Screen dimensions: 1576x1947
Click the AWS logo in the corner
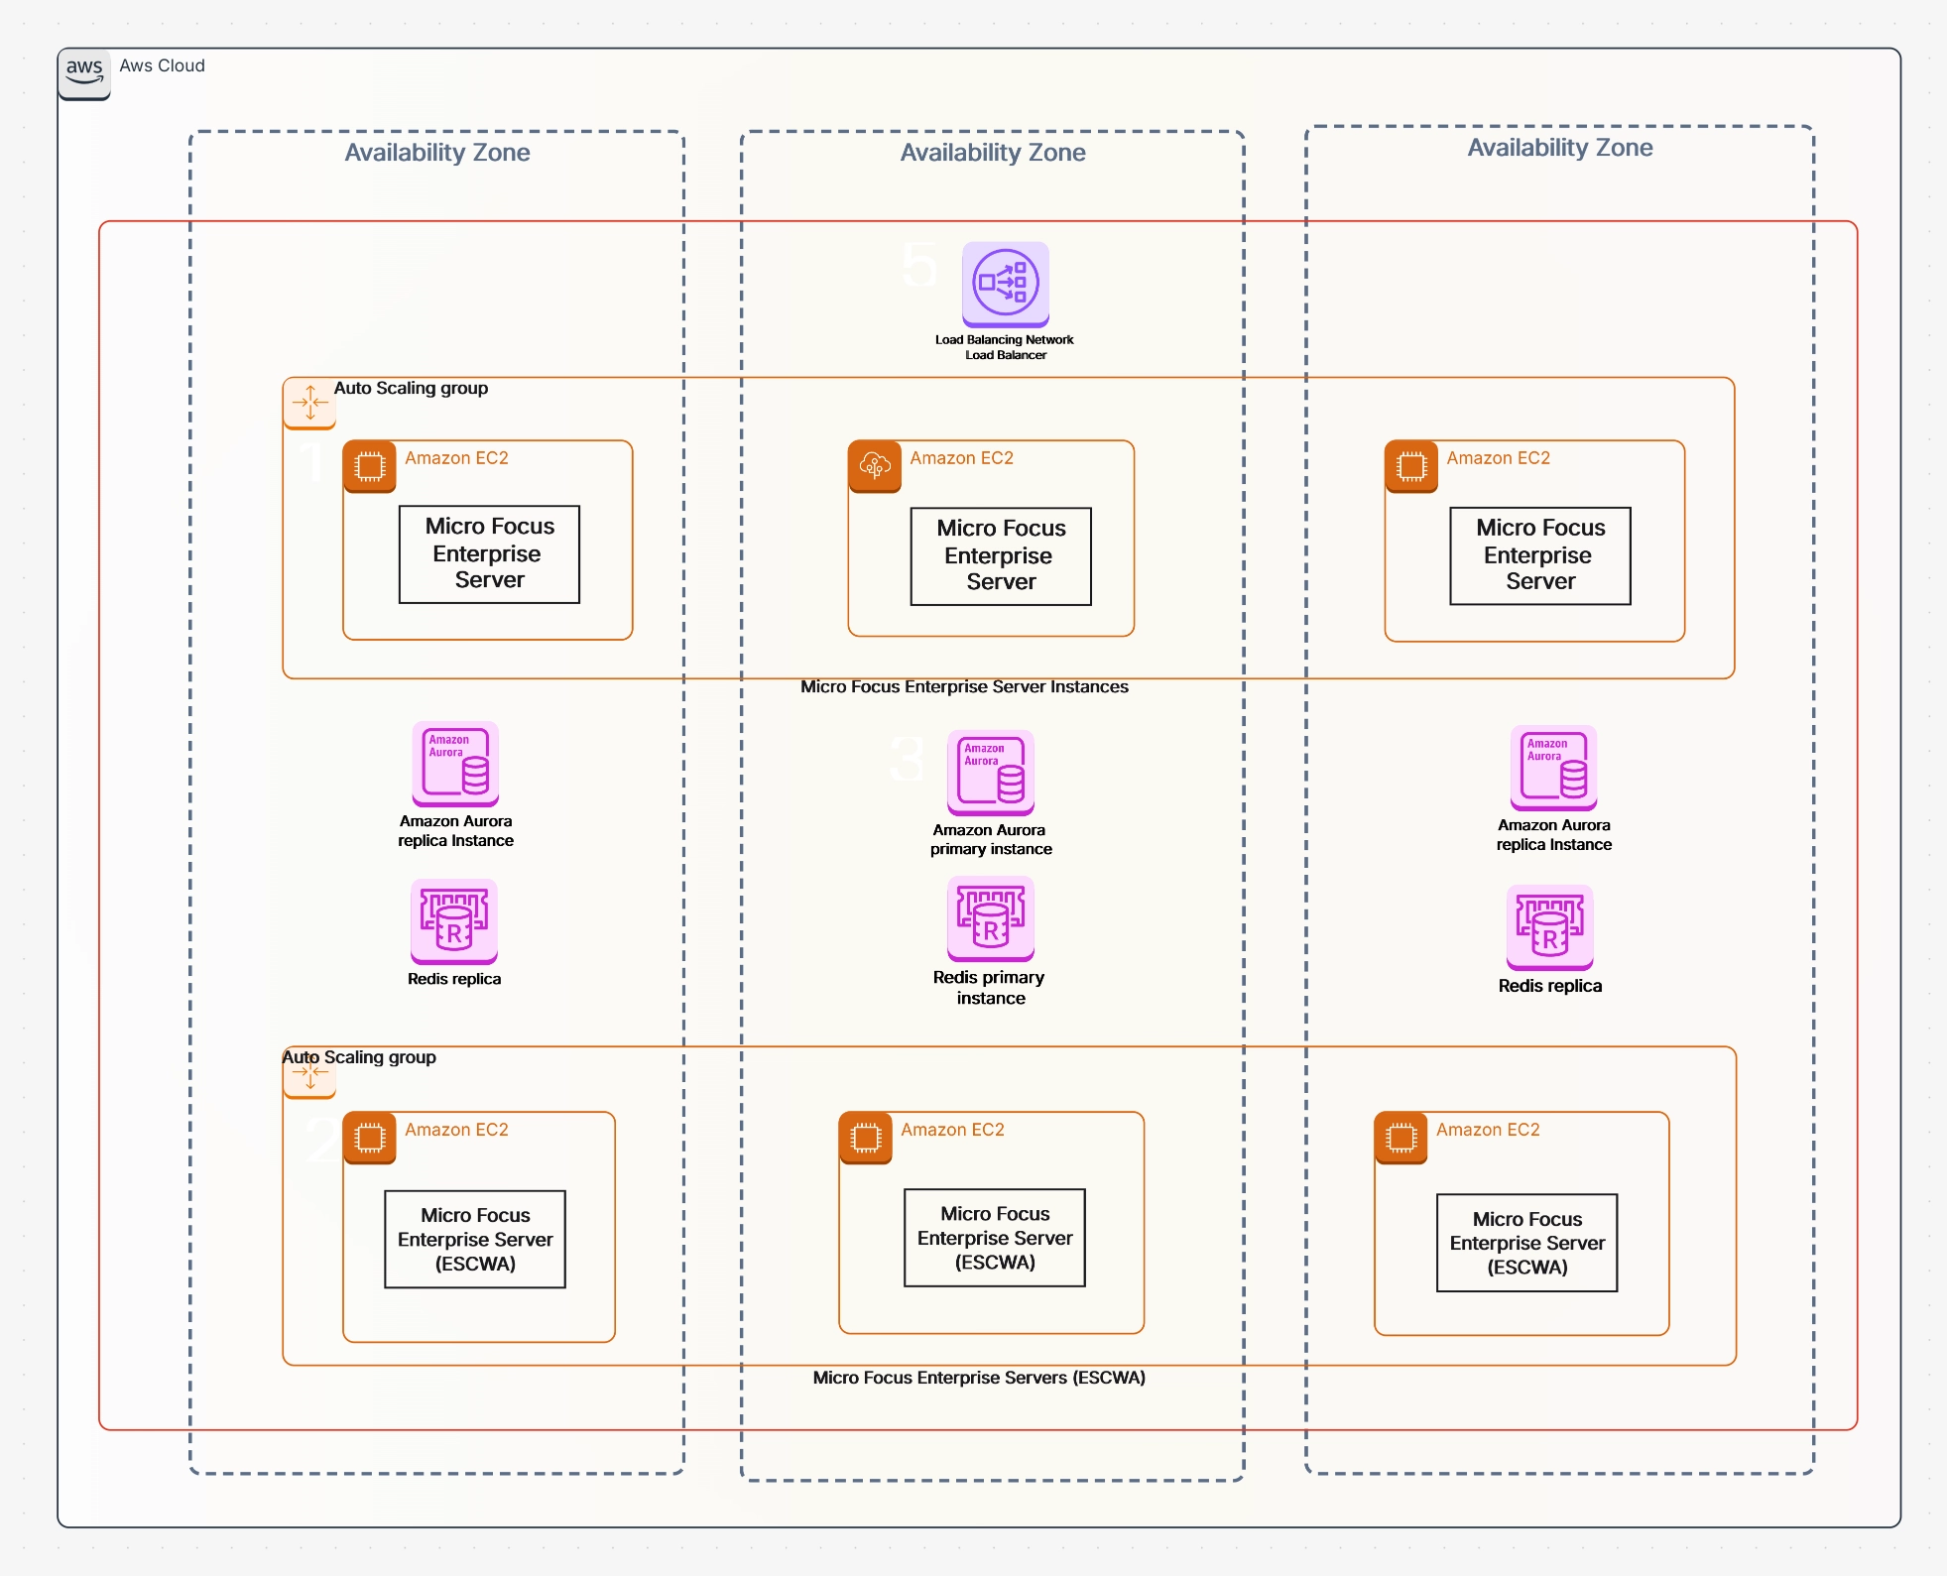tap(84, 71)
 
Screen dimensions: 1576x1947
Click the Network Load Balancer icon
tap(1005, 284)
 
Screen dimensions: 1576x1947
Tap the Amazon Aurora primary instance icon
tap(990, 773)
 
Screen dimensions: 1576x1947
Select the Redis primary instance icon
tap(990, 918)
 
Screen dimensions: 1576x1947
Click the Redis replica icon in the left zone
tap(454, 921)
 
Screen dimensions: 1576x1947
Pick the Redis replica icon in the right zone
tap(1549, 927)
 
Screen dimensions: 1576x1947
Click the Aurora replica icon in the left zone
tap(455, 764)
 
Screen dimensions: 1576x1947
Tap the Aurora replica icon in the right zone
tap(1553, 768)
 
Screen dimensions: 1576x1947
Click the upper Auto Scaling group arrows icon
tap(309, 403)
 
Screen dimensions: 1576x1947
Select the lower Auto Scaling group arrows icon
tap(309, 1074)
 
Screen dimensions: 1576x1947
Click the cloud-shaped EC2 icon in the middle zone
tap(874, 466)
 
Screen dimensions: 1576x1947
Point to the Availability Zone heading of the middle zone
tap(992, 153)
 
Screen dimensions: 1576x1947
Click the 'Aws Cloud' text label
tap(162, 65)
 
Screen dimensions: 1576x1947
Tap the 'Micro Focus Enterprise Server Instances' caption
tap(964, 686)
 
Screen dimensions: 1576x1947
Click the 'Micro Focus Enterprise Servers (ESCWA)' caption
tap(979, 1378)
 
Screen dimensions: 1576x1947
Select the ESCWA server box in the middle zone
tap(994, 1238)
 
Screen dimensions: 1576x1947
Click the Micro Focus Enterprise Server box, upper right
tap(1539, 555)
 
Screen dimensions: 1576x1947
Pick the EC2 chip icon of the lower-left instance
tap(369, 1138)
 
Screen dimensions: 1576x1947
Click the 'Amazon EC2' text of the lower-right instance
tap(1488, 1130)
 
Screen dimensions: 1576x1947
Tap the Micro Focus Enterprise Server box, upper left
tap(489, 553)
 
